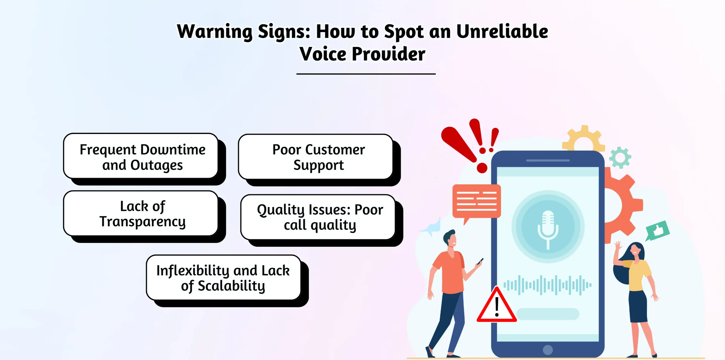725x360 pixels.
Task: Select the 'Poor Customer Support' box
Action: [315, 157]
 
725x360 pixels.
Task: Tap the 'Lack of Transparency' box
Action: [141, 213]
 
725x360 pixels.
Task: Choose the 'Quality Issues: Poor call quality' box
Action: [318, 217]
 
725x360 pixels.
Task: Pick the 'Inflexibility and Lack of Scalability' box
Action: [223, 278]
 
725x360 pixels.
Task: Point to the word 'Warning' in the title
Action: [214, 32]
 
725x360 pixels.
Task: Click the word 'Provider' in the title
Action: [388, 54]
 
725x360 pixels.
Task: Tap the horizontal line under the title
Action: [366, 74]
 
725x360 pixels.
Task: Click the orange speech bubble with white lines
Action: [476, 202]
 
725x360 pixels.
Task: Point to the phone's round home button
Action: [548, 350]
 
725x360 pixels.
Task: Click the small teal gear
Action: [620, 157]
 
